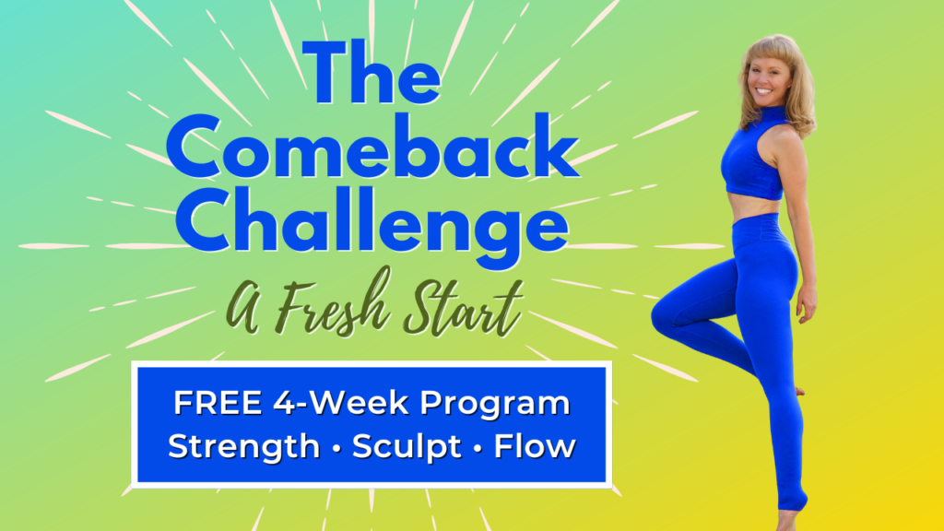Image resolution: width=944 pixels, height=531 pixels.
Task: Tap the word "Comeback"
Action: (x=372, y=147)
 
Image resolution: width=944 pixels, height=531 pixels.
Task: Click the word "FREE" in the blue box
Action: (x=218, y=403)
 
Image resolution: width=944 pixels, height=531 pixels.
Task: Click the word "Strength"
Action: (x=243, y=447)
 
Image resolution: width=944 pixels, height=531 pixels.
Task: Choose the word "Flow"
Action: (x=535, y=446)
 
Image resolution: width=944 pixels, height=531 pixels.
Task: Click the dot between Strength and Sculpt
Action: (x=336, y=449)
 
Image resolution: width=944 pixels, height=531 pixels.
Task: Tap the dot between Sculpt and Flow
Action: (x=478, y=449)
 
